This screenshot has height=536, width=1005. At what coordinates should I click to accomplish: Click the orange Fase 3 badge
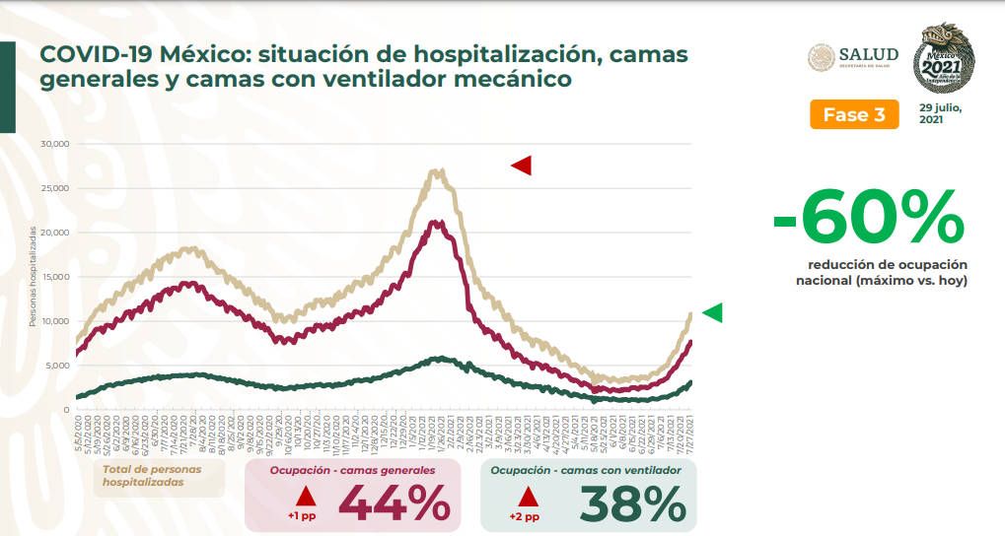(x=854, y=114)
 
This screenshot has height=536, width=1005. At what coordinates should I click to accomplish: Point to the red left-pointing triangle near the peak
(x=521, y=166)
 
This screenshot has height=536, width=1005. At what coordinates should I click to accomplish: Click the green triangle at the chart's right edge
(x=711, y=312)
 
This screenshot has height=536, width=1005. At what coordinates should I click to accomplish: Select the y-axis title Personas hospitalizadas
(x=32, y=276)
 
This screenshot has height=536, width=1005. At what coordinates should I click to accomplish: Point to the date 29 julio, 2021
(x=940, y=112)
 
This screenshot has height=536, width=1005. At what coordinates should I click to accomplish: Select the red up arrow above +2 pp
(x=529, y=496)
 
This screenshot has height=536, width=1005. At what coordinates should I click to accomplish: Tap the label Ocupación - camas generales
(x=352, y=471)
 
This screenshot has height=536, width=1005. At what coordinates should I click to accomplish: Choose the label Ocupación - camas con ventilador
(x=585, y=471)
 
